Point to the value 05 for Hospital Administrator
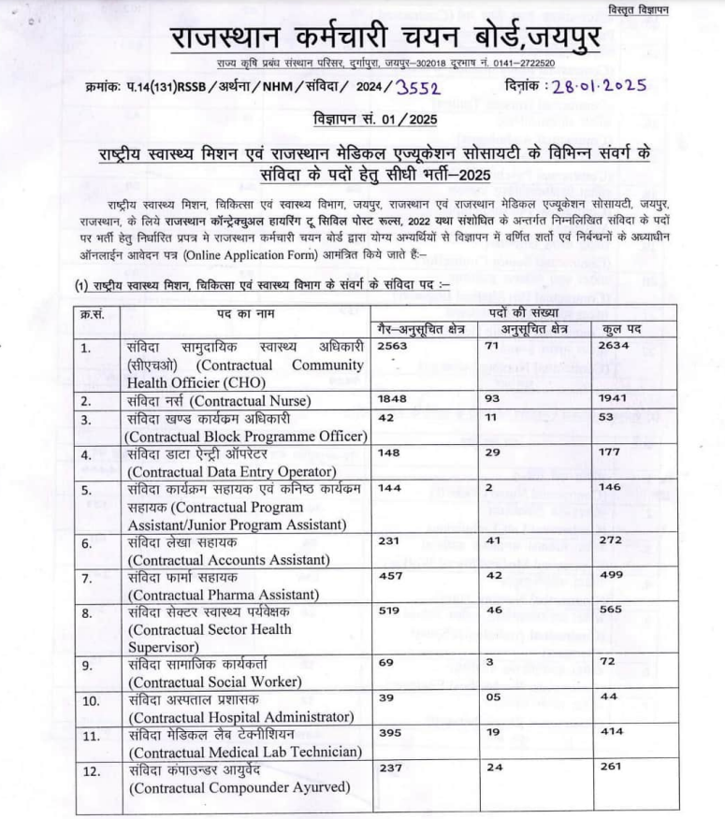point(496,697)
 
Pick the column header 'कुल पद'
point(620,328)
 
